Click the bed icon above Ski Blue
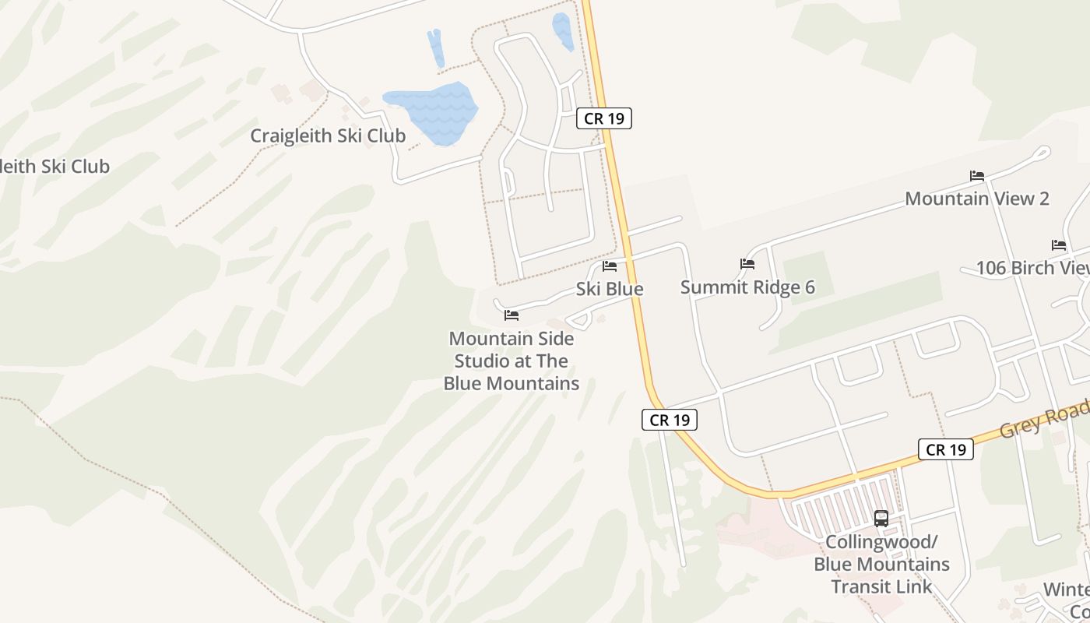pos(610,266)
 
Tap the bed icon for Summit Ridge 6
pos(747,264)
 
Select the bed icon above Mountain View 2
pos(977,176)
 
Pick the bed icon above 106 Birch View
pos(1059,245)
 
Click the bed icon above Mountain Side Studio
pos(512,315)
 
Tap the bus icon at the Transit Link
pos(881,519)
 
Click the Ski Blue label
pos(610,289)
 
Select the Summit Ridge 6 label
pos(747,287)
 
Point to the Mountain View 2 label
pos(977,199)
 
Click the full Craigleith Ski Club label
pos(328,136)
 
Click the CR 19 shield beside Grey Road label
pos(946,449)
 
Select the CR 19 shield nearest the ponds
pos(604,118)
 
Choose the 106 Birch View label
pos(1032,268)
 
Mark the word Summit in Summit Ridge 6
pos(710,287)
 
